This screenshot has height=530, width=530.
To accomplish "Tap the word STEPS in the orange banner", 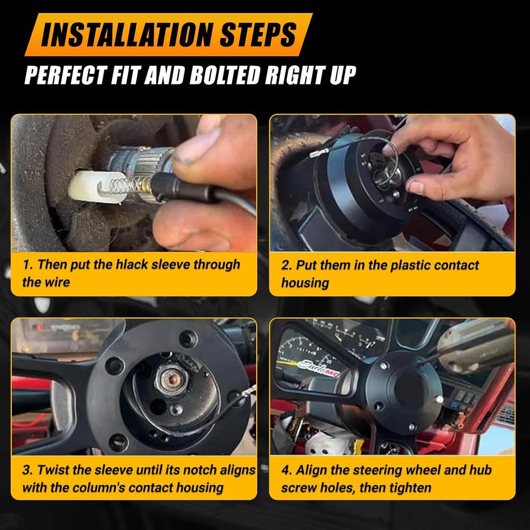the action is pos(258,35).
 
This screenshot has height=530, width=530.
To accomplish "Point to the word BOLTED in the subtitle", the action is pos(224,75).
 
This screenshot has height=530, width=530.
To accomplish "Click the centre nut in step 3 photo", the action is pos(172,379).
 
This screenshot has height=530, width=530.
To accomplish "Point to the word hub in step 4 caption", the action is pos(480,470).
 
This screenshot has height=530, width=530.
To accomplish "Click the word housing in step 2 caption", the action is pos(305,283).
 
